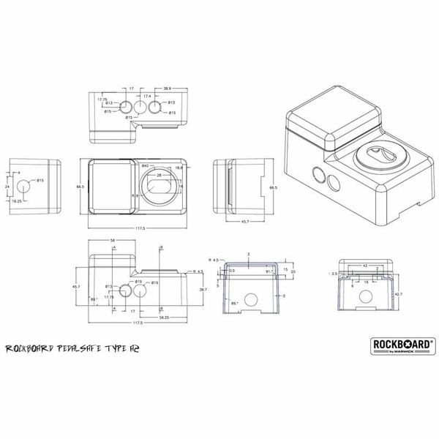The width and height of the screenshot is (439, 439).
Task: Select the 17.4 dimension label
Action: pos(147,96)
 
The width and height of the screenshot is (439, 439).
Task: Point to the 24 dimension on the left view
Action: pos(6,187)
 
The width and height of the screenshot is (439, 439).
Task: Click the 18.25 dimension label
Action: pos(18,199)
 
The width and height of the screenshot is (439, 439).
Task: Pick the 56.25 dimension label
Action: pos(166,318)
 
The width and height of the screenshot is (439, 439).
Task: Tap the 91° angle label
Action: pos(270,272)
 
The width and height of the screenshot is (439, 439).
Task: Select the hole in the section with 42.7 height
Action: pos(368,297)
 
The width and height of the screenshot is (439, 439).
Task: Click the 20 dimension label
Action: pos(292,271)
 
